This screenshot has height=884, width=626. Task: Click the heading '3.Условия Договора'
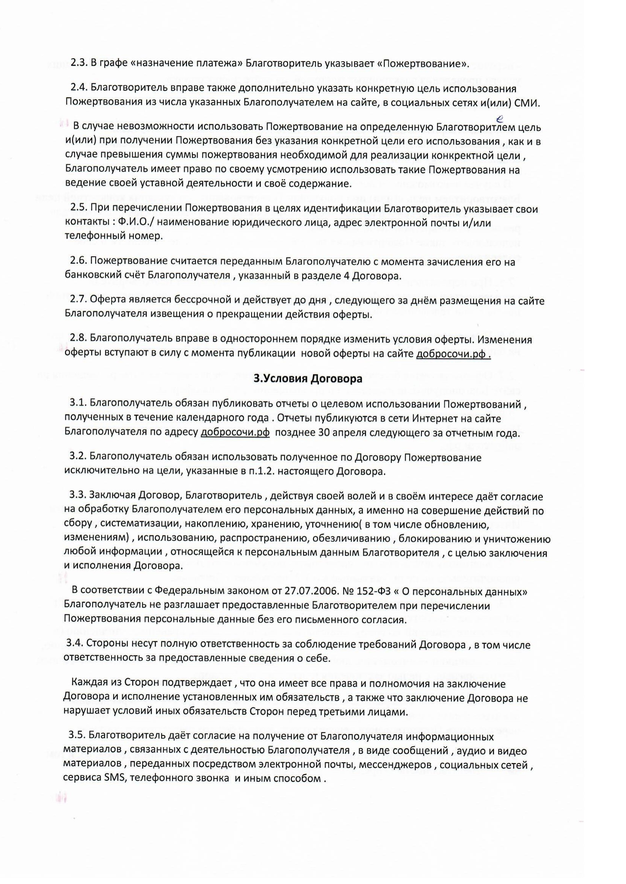click(308, 379)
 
